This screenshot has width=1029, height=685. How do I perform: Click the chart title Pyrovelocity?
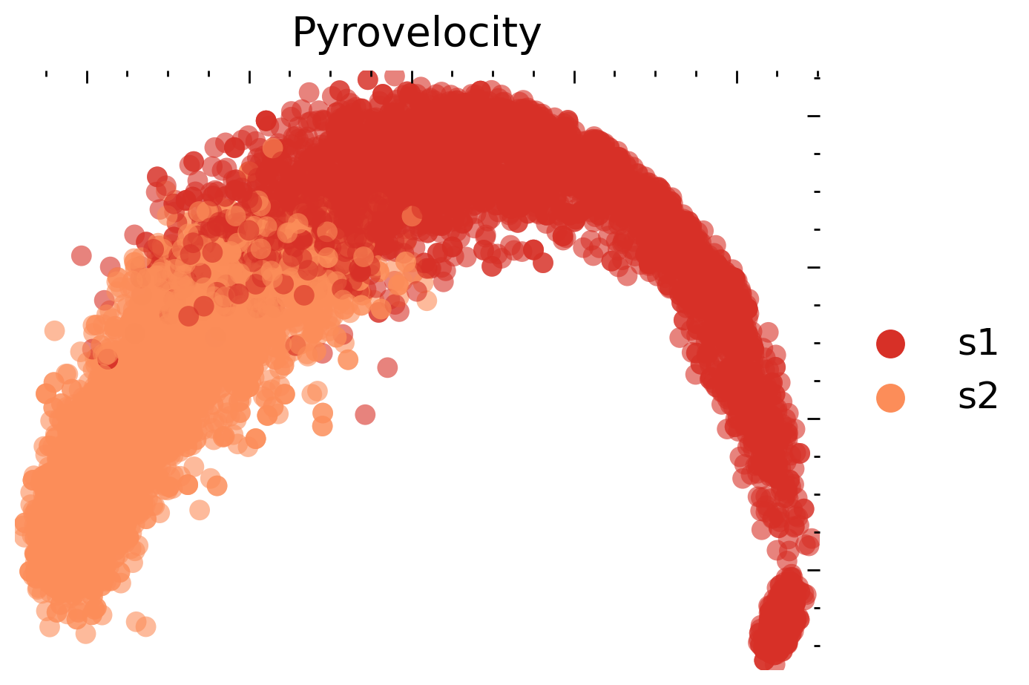(416, 34)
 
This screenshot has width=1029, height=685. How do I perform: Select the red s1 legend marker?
(890, 344)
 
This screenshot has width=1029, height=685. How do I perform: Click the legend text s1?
(978, 343)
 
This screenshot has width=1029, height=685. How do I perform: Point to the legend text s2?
(978, 397)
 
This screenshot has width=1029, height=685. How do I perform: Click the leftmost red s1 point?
(81, 256)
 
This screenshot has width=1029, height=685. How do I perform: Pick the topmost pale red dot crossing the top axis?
(395, 75)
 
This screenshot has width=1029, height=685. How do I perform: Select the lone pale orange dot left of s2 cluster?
(54, 330)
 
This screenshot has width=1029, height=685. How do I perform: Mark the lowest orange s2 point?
(85, 633)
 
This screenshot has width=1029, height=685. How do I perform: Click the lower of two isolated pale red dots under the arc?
(365, 414)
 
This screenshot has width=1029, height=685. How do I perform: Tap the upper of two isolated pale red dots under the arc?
(387, 367)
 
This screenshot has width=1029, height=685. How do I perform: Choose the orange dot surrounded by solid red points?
(412, 217)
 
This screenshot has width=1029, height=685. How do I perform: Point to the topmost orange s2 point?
(273, 148)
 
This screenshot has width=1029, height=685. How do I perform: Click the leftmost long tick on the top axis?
(87, 77)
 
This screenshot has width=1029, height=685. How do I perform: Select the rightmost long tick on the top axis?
(737, 77)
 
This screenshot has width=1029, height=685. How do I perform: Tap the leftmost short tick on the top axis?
(46, 74)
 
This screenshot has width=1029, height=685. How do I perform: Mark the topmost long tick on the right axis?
(814, 116)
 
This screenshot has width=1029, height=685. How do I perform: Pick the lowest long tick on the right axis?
(814, 570)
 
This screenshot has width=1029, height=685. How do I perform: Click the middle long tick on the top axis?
(412, 77)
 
